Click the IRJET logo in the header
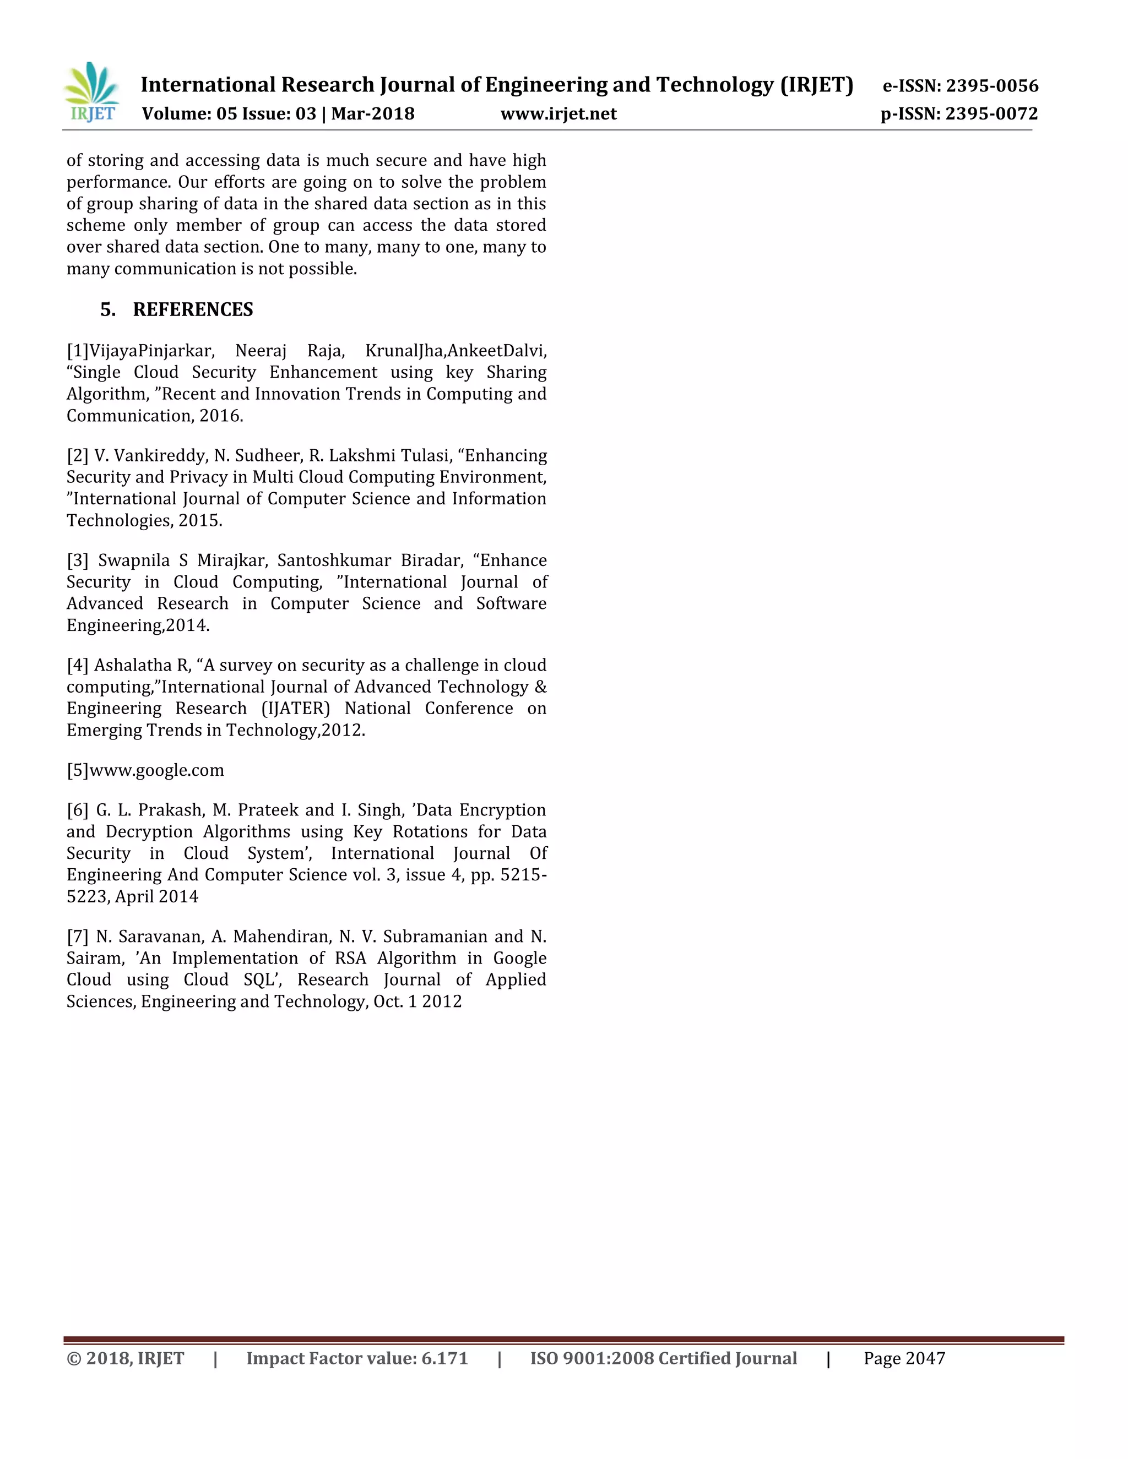(x=91, y=92)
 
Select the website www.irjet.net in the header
(x=558, y=114)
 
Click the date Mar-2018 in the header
(x=373, y=114)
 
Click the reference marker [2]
(x=78, y=456)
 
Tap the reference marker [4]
(x=78, y=666)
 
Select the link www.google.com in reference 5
(x=156, y=770)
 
